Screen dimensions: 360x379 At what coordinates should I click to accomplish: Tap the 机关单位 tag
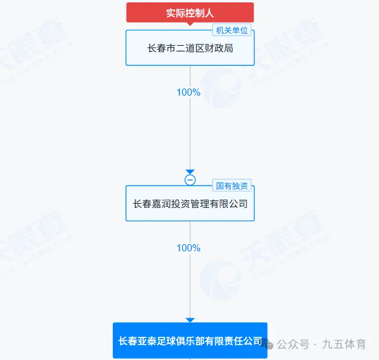(232, 30)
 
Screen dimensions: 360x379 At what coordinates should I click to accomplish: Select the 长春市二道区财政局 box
(190, 48)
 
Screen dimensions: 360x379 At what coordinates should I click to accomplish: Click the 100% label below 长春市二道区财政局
(188, 93)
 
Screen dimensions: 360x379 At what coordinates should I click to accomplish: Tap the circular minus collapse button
(190, 180)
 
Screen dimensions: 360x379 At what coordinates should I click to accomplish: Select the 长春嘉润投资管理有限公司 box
(190, 204)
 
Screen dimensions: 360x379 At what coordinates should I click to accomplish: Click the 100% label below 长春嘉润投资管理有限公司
(188, 248)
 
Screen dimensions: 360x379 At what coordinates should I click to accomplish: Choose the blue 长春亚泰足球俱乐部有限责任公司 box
(190, 341)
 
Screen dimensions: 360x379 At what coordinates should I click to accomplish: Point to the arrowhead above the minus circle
(190, 172)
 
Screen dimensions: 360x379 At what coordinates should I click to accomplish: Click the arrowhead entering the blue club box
(190, 320)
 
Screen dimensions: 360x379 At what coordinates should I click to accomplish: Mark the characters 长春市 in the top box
(160, 48)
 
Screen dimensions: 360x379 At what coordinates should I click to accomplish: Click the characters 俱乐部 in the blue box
(200, 341)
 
